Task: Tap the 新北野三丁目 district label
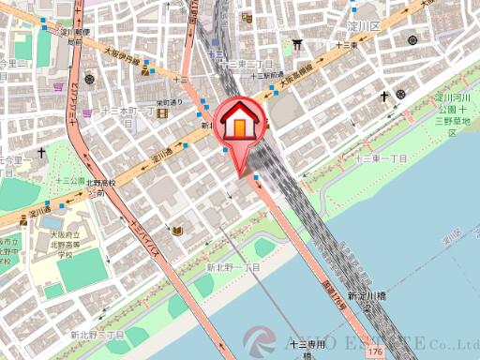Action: pyautogui.click(x=97, y=335)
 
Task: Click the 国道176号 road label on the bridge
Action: pyautogui.click(x=334, y=280)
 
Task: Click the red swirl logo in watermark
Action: pyautogui.click(x=260, y=343)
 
